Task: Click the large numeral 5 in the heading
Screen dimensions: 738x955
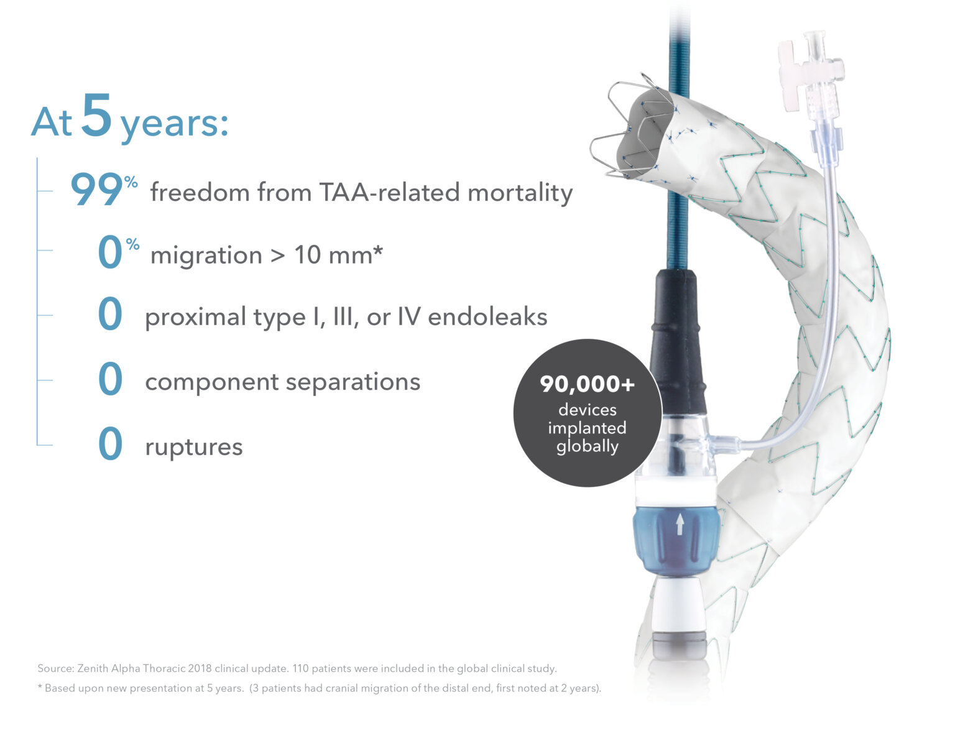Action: pyautogui.click(x=96, y=115)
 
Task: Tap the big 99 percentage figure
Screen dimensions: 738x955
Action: pyautogui.click(x=96, y=190)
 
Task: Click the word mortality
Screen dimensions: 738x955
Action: pyautogui.click(x=520, y=192)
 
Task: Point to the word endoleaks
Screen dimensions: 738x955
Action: pyautogui.click(x=487, y=317)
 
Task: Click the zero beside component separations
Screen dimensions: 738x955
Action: pyautogui.click(x=110, y=380)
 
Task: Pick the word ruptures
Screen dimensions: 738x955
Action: pyautogui.click(x=193, y=447)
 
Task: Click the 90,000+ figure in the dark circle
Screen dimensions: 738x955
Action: pyautogui.click(x=587, y=384)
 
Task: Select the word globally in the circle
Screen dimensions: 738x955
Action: pyautogui.click(x=587, y=446)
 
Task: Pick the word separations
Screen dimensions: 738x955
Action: pyautogui.click(x=353, y=382)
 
